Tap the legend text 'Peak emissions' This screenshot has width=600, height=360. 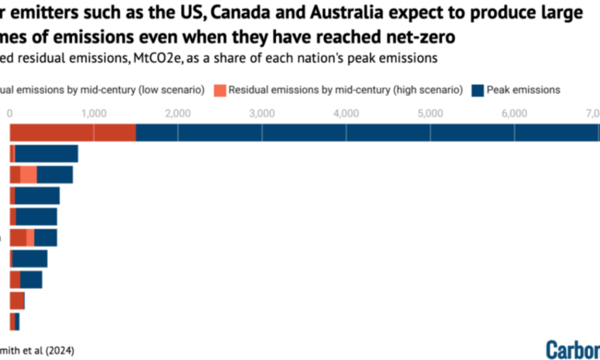[523, 90]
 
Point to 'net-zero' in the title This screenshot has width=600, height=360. [415, 38]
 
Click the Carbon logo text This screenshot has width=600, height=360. [573, 349]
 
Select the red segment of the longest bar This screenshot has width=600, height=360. [72, 132]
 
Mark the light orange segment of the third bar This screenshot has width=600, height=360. [29, 175]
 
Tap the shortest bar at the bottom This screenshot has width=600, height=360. [14, 322]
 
